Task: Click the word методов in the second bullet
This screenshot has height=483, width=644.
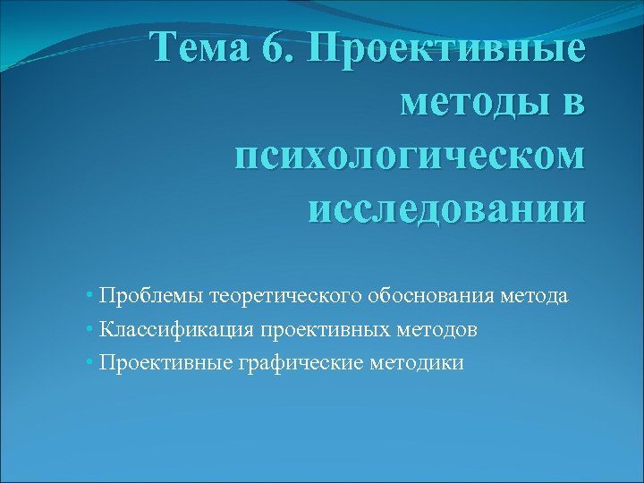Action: pos(432,330)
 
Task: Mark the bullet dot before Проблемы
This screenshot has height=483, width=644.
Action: pos(92,296)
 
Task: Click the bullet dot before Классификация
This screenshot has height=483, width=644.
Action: pos(92,330)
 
